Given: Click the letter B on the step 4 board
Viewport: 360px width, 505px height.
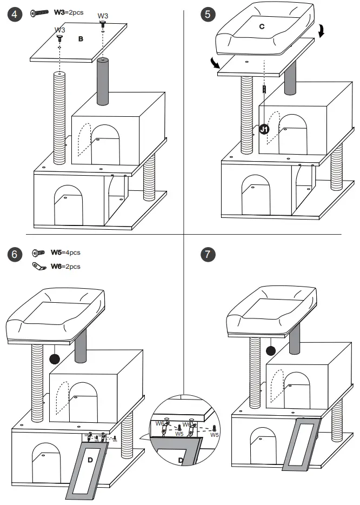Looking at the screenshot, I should pos(81,39).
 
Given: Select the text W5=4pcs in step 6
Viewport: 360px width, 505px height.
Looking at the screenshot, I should pos(65,252).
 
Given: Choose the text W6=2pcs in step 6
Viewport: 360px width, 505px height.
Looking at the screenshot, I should pos(65,266).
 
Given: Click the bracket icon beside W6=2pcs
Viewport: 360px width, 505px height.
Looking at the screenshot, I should pos(39,266).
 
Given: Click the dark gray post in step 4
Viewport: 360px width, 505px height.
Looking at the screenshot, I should pos(103,82).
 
